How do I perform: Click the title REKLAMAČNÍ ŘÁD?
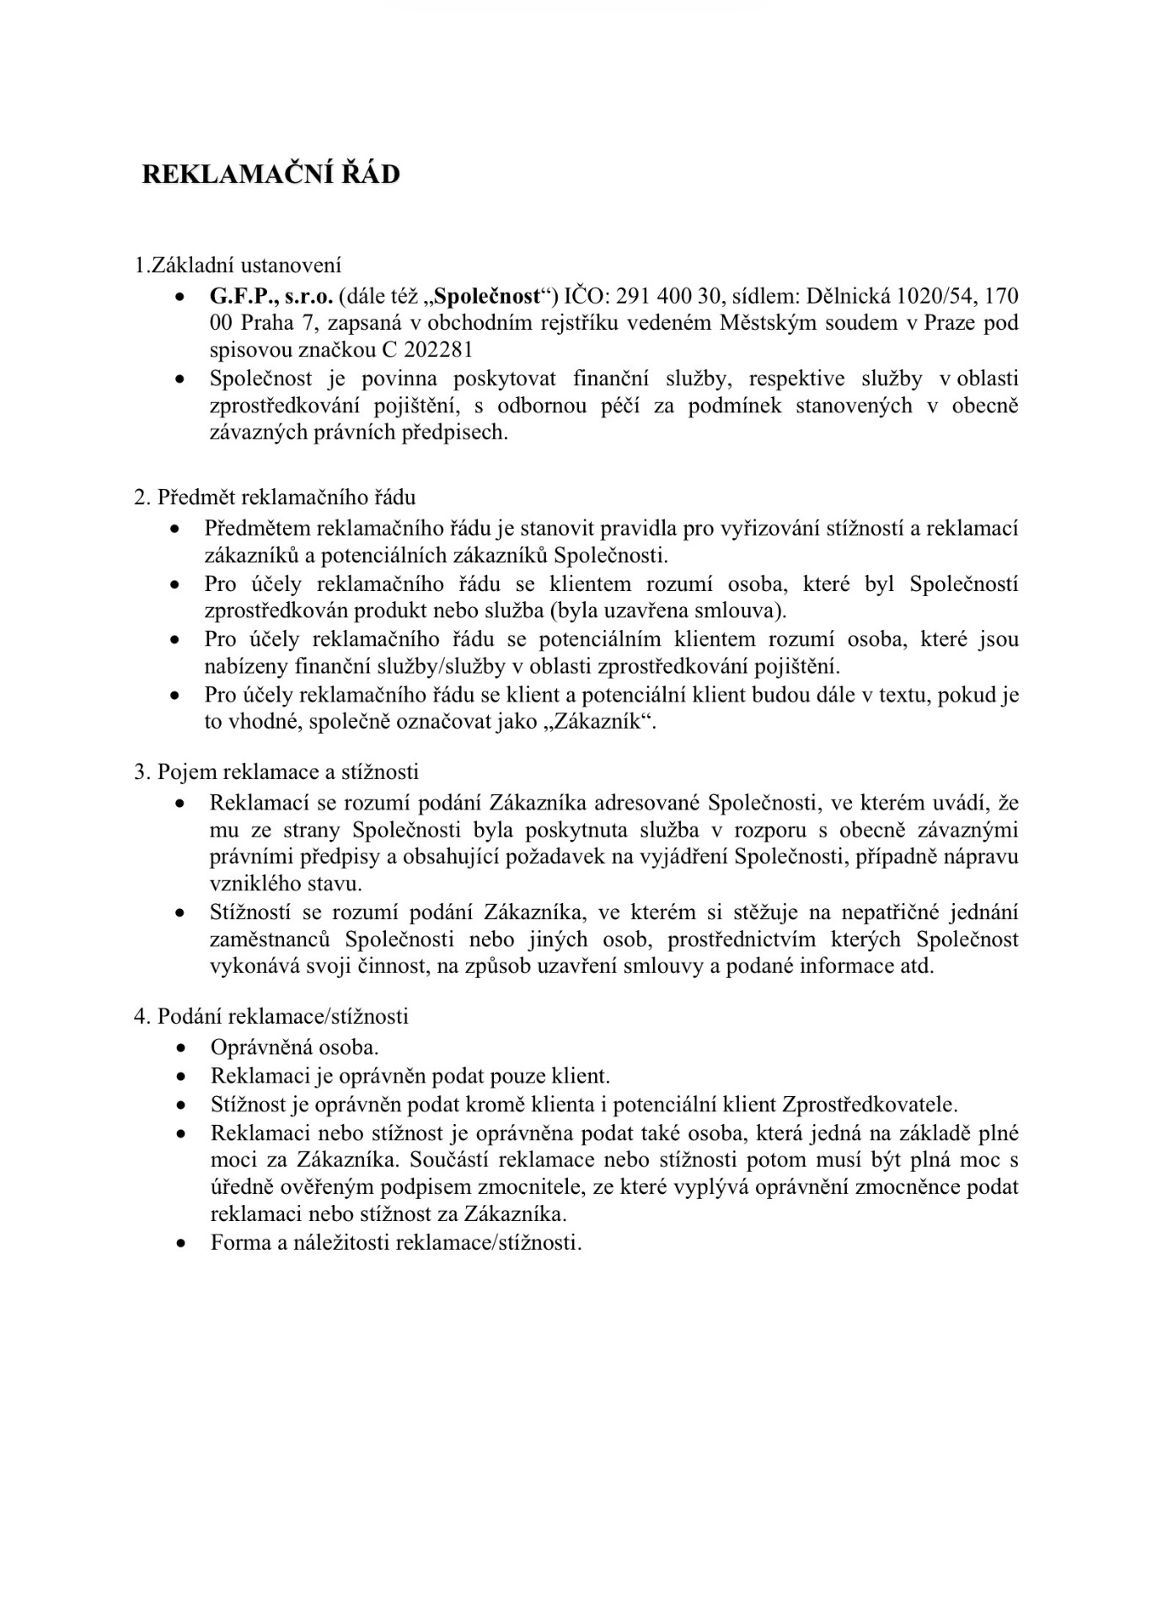click(x=270, y=175)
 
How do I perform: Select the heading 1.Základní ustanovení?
click(x=238, y=266)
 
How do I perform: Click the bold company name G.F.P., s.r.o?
click(x=271, y=296)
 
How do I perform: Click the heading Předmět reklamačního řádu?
click(x=287, y=498)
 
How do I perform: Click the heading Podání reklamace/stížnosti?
click(x=283, y=1016)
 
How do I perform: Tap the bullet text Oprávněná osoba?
click(x=294, y=1047)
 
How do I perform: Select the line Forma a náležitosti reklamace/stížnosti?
click(x=396, y=1242)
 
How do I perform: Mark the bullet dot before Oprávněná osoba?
click(x=180, y=1049)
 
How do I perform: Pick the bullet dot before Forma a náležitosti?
click(x=180, y=1244)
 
